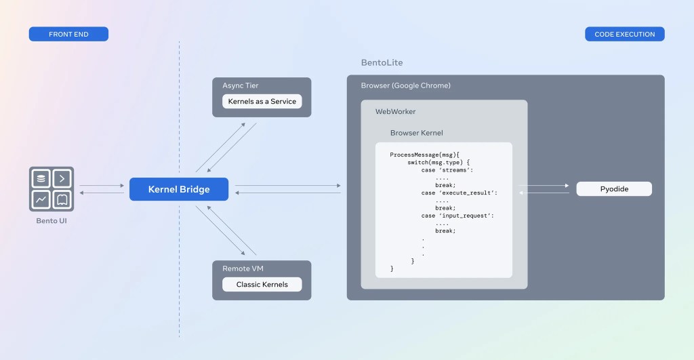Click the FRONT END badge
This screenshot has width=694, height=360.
point(68,34)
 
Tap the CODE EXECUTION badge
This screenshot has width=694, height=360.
point(624,34)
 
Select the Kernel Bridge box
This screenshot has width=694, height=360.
point(179,189)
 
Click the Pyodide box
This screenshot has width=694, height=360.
point(614,189)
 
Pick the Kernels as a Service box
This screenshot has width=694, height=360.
point(262,102)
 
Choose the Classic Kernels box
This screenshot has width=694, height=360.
point(262,285)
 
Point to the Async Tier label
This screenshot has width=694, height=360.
point(241,85)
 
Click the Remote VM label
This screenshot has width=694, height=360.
point(243,268)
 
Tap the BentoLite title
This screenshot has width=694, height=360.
point(382,62)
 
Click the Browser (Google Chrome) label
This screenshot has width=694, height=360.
point(405,85)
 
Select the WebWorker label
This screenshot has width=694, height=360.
point(396,111)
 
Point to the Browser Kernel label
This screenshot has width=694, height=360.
point(417,133)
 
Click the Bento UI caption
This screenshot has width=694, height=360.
point(52,221)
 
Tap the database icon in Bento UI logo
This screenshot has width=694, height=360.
point(42,178)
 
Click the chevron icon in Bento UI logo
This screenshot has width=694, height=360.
point(62,178)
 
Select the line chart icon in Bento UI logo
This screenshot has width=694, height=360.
point(42,199)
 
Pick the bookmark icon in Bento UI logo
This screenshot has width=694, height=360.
point(62,199)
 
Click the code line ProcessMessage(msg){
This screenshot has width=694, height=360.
point(425,155)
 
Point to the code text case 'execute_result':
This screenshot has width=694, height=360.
point(459,193)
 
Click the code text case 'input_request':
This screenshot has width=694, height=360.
point(457,216)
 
